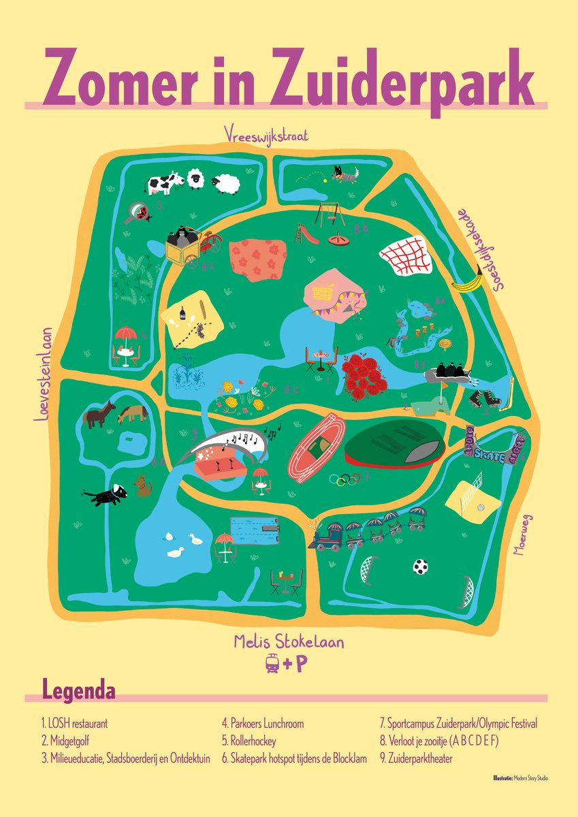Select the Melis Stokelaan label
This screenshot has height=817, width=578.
pyautogui.click(x=288, y=642)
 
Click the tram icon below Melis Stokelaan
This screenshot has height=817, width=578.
pyautogui.click(x=272, y=664)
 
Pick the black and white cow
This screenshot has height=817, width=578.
pyautogui.click(x=164, y=182)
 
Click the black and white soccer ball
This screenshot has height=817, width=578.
pyautogui.click(x=420, y=566)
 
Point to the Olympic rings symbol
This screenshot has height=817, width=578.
pyautogui.click(x=344, y=480)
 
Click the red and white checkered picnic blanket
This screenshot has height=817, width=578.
pyautogui.click(x=406, y=259)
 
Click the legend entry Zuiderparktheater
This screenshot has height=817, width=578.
pyautogui.click(x=415, y=758)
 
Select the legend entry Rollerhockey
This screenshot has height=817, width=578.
pyautogui.click(x=248, y=741)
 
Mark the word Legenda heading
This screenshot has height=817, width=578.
pyautogui.click(x=78, y=689)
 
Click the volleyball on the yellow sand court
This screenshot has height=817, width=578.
pyautogui.click(x=480, y=507)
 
